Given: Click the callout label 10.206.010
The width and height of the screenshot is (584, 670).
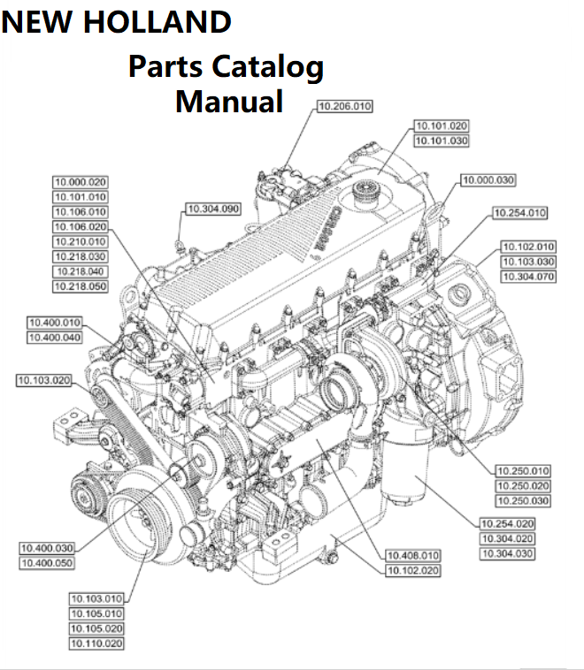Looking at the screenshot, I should (x=345, y=106).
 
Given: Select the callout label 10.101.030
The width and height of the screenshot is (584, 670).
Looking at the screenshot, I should (x=442, y=141).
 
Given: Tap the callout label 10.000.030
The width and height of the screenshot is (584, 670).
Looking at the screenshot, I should (x=488, y=180).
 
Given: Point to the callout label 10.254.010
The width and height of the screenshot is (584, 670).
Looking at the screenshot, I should (x=520, y=213).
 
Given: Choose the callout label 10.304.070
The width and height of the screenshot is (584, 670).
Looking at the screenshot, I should (x=528, y=277).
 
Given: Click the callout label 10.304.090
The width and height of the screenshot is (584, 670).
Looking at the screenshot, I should (x=212, y=209).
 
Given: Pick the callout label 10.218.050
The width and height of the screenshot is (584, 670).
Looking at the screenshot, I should (x=80, y=286).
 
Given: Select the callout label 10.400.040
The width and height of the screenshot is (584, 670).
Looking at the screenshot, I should (x=55, y=338).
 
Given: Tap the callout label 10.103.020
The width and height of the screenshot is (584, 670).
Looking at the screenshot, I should (x=43, y=381).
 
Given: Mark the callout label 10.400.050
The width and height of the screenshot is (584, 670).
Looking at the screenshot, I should (x=47, y=562).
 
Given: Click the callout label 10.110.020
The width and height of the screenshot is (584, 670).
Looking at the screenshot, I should (x=96, y=643).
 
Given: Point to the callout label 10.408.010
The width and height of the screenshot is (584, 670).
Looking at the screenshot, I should (x=411, y=555).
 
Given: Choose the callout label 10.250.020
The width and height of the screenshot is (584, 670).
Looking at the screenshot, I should (x=521, y=485).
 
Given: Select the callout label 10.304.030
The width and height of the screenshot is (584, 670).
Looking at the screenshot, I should (x=507, y=553).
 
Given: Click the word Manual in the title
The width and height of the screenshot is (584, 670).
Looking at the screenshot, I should (x=229, y=100).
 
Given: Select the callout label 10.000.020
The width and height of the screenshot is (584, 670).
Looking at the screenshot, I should (x=80, y=182).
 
